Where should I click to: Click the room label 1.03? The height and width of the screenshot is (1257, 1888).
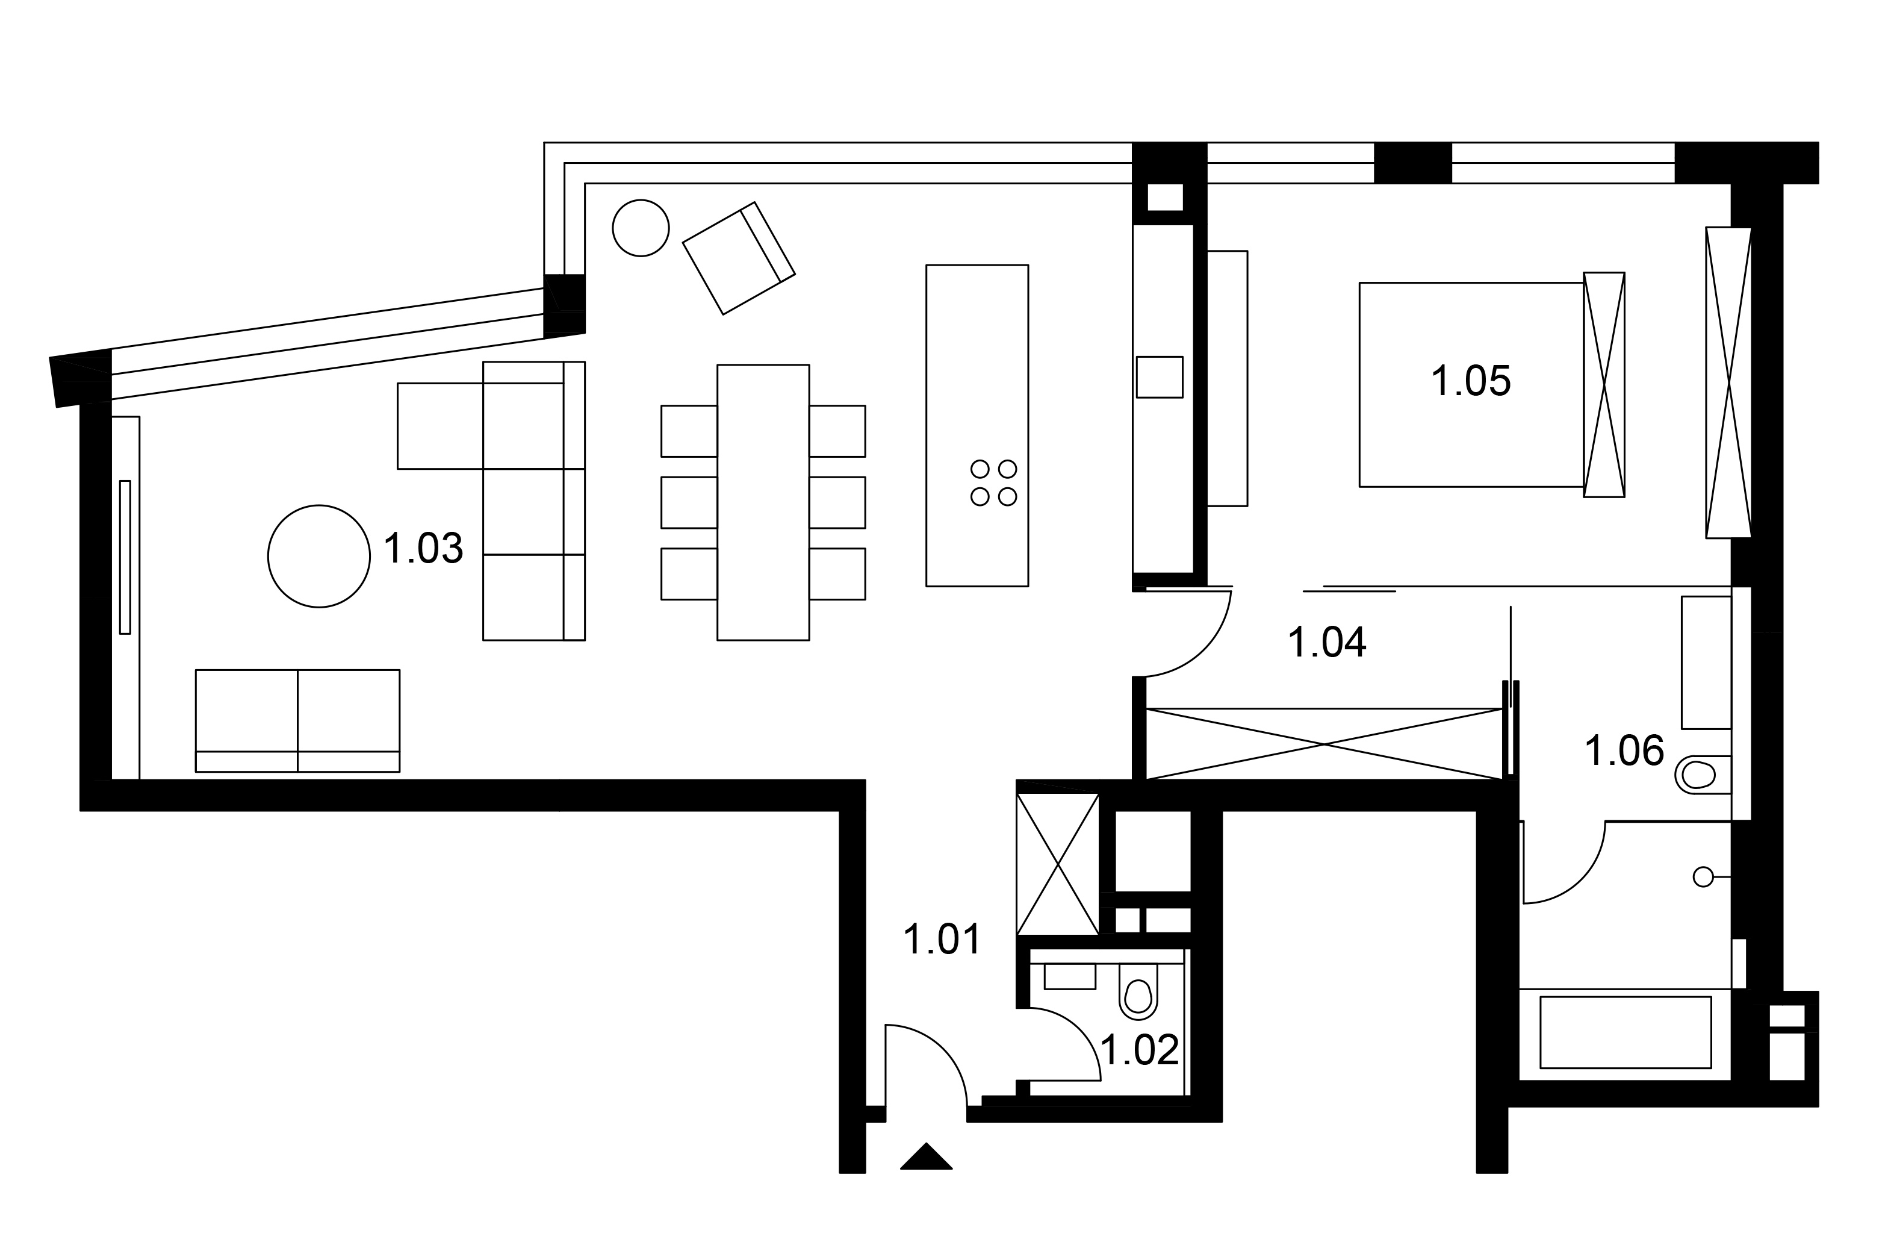423,549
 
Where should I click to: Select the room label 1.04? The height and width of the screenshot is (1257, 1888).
1326,642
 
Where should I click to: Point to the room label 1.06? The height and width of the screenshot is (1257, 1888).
1624,751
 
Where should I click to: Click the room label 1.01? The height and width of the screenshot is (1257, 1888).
942,940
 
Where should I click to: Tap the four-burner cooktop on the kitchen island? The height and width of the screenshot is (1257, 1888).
994,482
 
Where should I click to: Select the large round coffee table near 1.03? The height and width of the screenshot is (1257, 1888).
319,557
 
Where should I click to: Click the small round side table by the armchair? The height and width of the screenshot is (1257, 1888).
641,228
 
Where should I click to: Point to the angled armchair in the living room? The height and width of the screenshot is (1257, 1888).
738,258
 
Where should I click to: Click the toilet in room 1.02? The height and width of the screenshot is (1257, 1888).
1138,991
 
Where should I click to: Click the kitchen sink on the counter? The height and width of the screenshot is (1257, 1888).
1159,377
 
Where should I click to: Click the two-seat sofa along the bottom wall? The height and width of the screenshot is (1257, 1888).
297,721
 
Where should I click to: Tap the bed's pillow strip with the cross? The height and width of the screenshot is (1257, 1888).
1603,385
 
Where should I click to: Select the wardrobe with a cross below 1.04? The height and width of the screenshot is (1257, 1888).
1324,744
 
